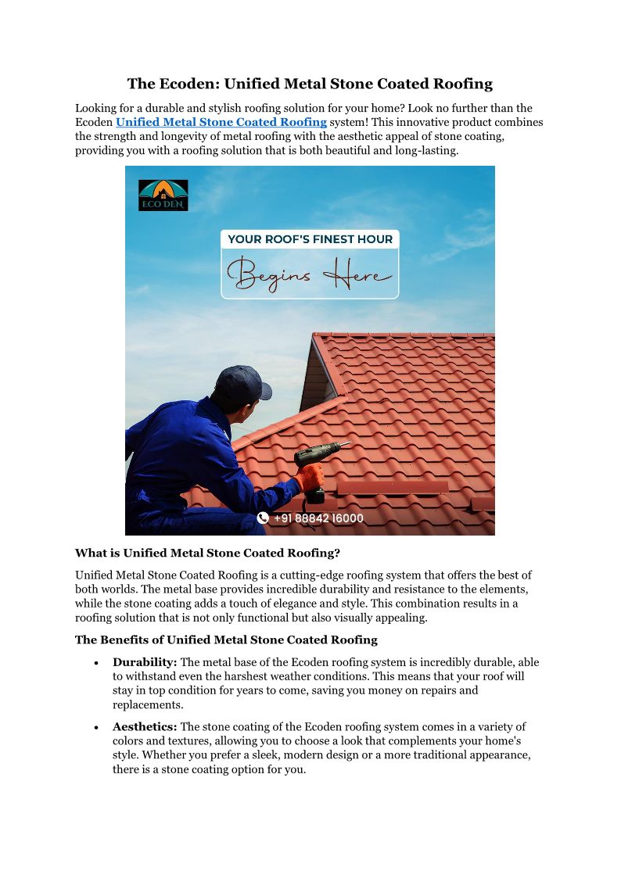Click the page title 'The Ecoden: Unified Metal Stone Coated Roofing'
pos(310,84)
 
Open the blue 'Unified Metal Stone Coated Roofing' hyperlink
pos(221,122)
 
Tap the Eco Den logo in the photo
pos(163,195)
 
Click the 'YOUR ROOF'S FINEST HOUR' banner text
pos(310,239)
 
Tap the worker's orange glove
pos(310,475)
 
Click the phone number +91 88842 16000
pos(318,518)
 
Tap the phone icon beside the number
pos(263,518)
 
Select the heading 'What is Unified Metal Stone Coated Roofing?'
pos(207,553)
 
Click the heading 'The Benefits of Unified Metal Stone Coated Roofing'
pos(226,640)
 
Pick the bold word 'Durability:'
pos(145,662)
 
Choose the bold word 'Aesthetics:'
pos(146,727)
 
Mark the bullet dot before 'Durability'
pos(95,663)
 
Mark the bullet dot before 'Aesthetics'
pos(95,728)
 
